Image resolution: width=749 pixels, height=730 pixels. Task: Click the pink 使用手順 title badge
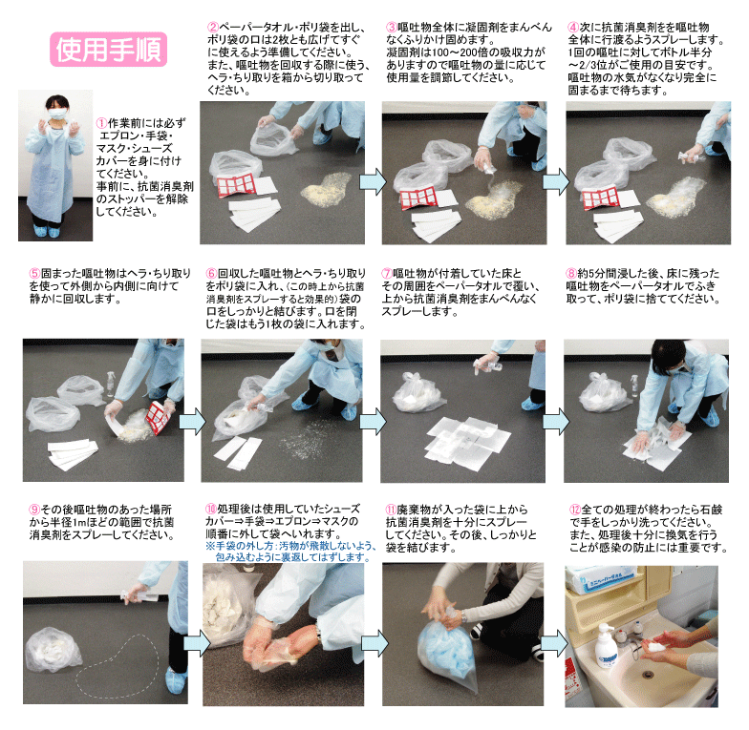[x=109, y=50]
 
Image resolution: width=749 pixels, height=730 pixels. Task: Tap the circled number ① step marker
[x=101, y=123]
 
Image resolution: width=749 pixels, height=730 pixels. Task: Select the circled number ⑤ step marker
[x=34, y=274]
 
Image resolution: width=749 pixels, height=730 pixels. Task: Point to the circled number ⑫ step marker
[x=575, y=510]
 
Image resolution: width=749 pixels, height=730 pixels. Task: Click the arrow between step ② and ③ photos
[x=373, y=181]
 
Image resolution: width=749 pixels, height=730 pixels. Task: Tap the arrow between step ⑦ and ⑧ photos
[x=556, y=422]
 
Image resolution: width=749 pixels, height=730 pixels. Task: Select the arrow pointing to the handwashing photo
[x=554, y=643]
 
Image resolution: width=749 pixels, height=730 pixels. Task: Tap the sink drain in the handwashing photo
[x=648, y=675]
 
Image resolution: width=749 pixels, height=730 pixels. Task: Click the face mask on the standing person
[x=57, y=114]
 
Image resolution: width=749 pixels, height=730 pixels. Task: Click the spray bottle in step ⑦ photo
[x=488, y=365]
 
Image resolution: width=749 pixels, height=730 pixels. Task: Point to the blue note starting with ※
[x=290, y=552]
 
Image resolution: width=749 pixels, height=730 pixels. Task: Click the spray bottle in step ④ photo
[x=690, y=156]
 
